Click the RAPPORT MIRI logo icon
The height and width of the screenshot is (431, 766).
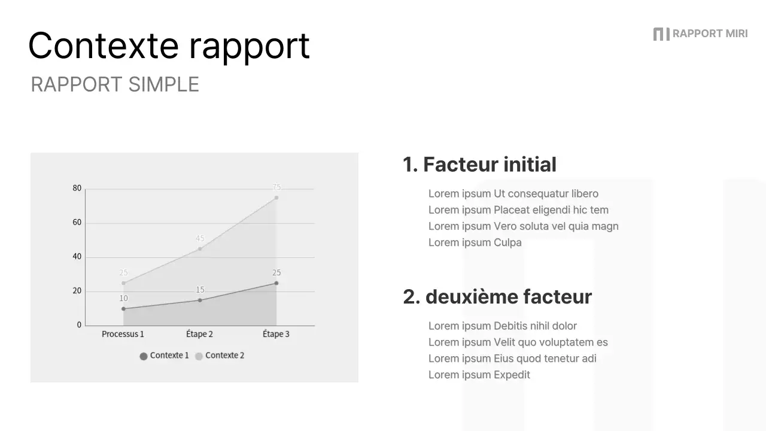(661, 34)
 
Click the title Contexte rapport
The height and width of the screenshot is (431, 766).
(169, 45)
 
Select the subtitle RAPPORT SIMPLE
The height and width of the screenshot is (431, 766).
(115, 84)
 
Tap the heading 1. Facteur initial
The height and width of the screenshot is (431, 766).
(479, 165)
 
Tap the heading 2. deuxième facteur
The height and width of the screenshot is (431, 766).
(497, 297)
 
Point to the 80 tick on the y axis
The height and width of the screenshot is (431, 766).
(77, 189)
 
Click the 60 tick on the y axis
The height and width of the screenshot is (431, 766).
(77, 223)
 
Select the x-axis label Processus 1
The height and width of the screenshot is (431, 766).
(123, 334)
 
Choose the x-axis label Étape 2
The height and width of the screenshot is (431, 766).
(199, 334)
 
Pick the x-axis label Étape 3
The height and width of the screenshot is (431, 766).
(276, 334)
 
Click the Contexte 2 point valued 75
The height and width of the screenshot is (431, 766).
(276, 198)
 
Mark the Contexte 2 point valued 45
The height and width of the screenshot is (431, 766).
(200, 249)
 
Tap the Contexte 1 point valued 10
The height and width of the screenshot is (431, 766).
(123, 309)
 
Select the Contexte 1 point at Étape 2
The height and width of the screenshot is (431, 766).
(200, 301)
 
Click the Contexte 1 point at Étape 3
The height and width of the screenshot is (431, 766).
(276, 283)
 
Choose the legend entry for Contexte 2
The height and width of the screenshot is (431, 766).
(220, 356)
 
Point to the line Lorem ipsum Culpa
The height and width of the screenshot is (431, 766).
(475, 242)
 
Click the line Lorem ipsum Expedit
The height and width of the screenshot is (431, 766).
(479, 375)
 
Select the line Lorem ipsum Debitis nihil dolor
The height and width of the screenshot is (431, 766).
(502, 326)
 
